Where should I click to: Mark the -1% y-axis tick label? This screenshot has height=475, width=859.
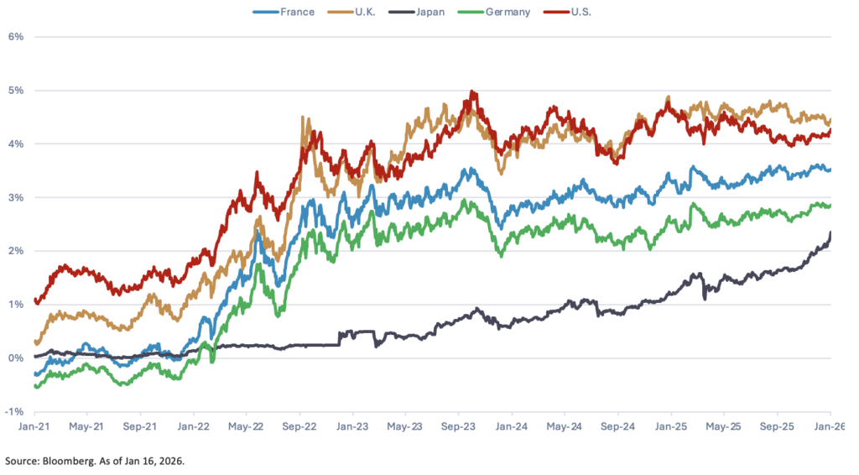tap(13, 411)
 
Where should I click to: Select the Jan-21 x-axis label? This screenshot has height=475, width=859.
tap(34, 426)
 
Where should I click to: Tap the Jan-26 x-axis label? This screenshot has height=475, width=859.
tap(830, 426)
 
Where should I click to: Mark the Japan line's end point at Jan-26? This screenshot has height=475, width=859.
tap(830, 233)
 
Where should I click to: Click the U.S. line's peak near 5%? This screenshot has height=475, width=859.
tap(472, 92)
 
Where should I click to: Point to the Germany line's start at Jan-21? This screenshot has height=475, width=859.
tap(35, 385)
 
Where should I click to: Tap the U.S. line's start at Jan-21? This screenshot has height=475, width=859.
tap(35, 300)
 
